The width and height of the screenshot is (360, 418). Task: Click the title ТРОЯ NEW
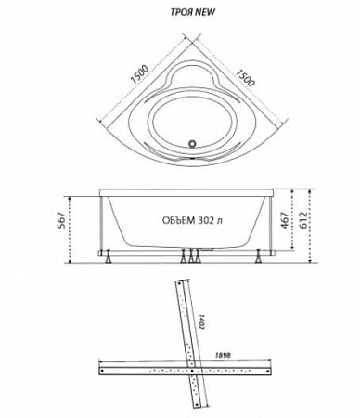pyautogui.click(x=193, y=12)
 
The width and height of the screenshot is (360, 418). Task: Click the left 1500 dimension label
pyautogui.click(x=139, y=74)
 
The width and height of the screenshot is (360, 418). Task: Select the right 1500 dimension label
pyautogui.click(x=246, y=77)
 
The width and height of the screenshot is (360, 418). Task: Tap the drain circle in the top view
pyautogui.click(x=193, y=143)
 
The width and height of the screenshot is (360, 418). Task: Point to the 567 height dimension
pyautogui.click(x=61, y=220)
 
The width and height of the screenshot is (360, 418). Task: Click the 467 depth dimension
pyautogui.click(x=285, y=220)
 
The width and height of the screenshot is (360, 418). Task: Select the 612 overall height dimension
pyautogui.click(x=303, y=220)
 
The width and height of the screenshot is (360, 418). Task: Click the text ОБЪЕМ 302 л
pyautogui.click(x=192, y=220)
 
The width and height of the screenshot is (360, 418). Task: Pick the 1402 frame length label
pyautogui.click(x=201, y=321)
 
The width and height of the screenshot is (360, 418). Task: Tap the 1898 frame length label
pyautogui.click(x=223, y=356)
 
